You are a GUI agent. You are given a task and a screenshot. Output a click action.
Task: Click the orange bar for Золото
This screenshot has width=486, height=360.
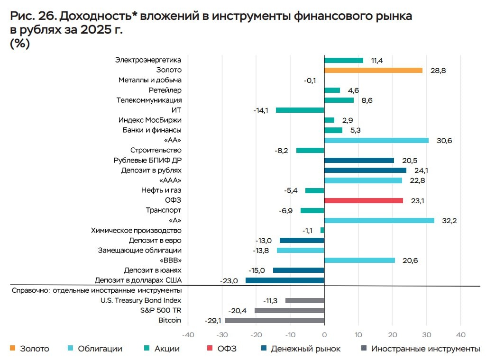pos(373,70)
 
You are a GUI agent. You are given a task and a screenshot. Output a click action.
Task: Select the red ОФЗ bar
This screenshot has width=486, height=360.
pos(364,200)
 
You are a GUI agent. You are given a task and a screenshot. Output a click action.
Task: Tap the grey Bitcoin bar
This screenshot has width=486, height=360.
pos(275,320)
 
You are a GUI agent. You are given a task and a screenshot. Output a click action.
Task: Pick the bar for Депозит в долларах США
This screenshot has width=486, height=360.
pos(285,280)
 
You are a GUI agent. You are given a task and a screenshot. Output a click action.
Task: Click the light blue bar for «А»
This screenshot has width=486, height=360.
pos(379,220)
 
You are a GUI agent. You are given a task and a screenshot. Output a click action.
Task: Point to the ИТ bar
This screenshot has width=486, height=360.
pos(300,110)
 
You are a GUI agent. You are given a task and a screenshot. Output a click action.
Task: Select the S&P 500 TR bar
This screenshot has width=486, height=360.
pos(289,310)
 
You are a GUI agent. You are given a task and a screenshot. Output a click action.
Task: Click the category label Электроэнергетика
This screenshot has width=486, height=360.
pos(148,60)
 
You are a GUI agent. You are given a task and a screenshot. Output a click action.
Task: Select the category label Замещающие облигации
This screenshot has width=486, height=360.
pos(140,250)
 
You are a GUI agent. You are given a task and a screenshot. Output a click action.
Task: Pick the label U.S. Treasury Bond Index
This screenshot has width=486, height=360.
pos(141,300)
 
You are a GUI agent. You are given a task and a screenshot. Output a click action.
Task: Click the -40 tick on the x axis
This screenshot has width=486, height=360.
pos(188,335)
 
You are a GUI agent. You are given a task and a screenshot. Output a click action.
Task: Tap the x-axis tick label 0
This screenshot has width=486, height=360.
pos(324,335)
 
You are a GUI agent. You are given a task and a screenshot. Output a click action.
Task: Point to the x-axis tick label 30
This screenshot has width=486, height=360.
pos(426,335)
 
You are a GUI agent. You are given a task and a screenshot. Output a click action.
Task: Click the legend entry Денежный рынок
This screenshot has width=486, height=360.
pos(306,349)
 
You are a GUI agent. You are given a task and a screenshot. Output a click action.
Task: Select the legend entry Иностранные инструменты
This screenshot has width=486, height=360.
pos(425,349)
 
